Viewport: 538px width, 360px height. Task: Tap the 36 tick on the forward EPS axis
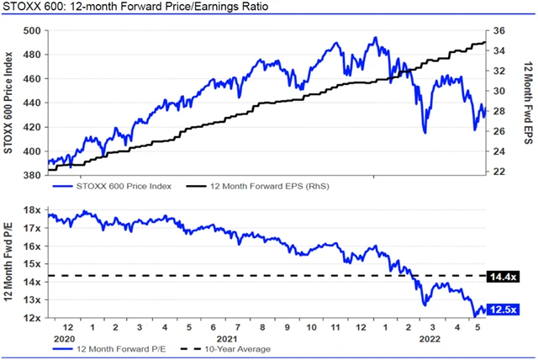498,31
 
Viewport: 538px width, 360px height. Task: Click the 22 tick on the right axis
498,171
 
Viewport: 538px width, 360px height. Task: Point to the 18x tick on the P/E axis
34,210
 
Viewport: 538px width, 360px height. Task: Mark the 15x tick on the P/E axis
34,264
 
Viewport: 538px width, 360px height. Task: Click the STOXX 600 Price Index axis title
8,103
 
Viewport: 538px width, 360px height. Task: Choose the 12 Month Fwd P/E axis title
8,263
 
